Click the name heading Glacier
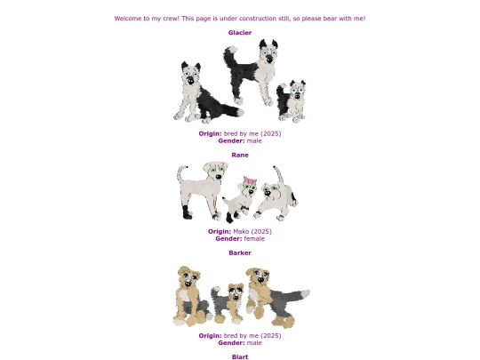tap(240, 33)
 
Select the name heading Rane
tap(240, 156)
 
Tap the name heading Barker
tap(240, 253)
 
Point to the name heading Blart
tap(240, 357)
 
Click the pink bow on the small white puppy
tap(250, 180)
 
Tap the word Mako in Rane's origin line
tap(241, 232)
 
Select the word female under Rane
tap(254, 239)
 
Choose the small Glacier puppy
tap(292, 101)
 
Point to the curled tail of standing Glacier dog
tap(229, 57)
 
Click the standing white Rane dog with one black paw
tap(202, 190)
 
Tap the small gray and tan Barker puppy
tap(228, 303)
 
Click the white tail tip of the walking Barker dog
tap(305, 293)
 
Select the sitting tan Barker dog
tap(190, 296)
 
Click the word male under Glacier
tap(254, 141)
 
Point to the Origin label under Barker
tap(210, 336)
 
